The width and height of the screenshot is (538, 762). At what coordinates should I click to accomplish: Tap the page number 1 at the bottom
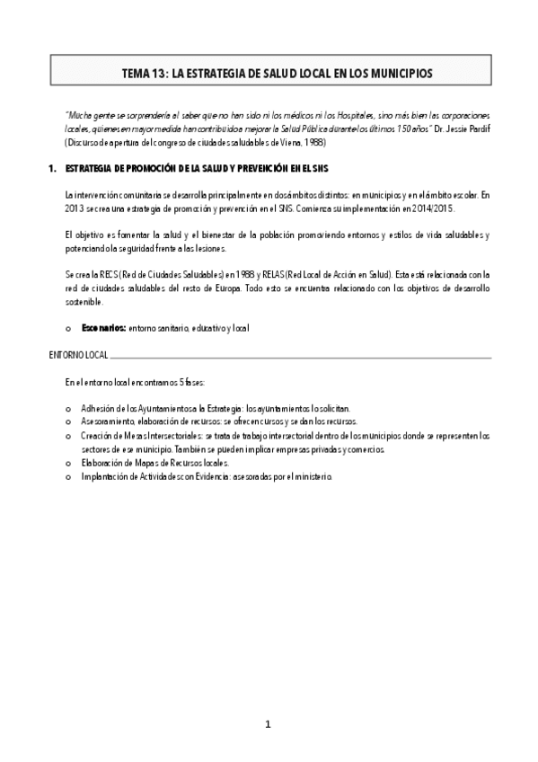point(268,725)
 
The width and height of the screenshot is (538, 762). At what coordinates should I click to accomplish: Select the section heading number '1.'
point(53,168)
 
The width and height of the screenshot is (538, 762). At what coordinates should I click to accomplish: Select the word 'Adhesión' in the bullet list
point(98,408)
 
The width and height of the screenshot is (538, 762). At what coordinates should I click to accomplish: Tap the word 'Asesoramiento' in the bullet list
point(108,421)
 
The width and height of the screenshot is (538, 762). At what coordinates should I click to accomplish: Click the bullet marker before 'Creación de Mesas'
point(69,436)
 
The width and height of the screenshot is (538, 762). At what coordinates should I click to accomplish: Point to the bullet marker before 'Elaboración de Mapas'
point(69,464)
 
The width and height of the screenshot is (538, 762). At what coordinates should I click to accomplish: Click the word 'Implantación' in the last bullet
point(104,477)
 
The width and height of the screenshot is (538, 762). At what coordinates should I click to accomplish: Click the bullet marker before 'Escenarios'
point(69,329)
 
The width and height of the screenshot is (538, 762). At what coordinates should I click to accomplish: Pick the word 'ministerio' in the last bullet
point(312,477)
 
